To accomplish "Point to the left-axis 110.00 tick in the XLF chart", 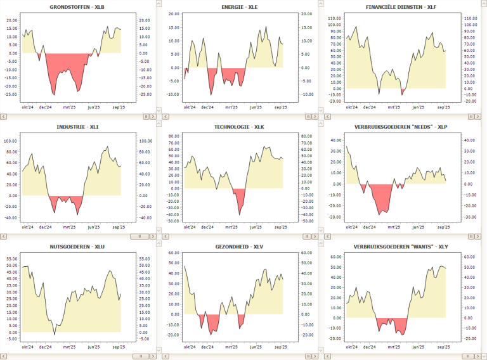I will (x=334, y=18).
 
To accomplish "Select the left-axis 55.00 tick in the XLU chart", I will (x=11, y=259).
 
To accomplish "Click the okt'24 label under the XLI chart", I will (x=28, y=226).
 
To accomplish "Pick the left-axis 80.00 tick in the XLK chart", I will (x=173, y=136).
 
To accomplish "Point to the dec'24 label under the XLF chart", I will (x=370, y=107).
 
